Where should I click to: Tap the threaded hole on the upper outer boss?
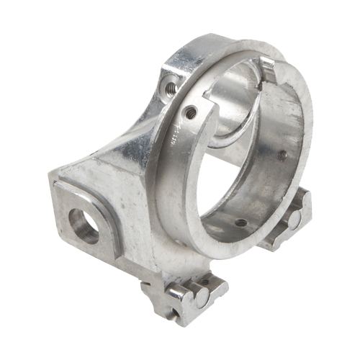tap(171, 88)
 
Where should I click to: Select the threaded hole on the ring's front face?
tap(190, 112)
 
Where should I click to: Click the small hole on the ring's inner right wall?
tap(282, 155)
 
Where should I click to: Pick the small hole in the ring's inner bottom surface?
tap(240, 222)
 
